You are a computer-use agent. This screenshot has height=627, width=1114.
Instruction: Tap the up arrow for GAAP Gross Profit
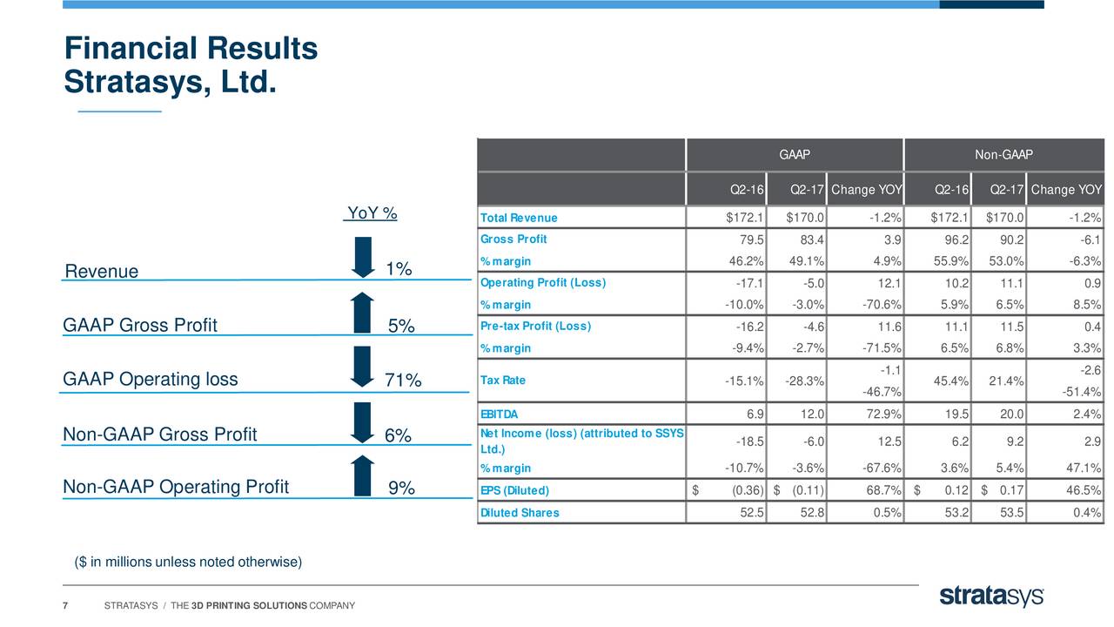(363, 313)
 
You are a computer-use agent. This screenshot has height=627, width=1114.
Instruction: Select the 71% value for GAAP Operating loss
(403, 381)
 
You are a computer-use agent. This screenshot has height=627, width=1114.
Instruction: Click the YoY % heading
(372, 213)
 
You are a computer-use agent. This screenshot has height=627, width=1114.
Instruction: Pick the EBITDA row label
(499, 414)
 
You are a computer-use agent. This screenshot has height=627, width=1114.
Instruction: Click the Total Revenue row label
(519, 218)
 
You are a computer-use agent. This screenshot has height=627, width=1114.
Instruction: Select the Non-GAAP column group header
(1003, 155)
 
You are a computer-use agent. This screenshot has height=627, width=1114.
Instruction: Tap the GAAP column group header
(795, 155)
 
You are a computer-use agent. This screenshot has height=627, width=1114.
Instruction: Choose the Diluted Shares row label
(520, 513)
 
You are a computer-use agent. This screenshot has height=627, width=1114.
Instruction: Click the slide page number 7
(65, 606)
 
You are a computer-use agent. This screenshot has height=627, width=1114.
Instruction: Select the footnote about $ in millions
(188, 562)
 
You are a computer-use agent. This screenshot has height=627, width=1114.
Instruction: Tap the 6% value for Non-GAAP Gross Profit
(398, 435)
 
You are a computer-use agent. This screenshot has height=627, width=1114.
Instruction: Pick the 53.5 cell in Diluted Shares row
(1009, 513)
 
